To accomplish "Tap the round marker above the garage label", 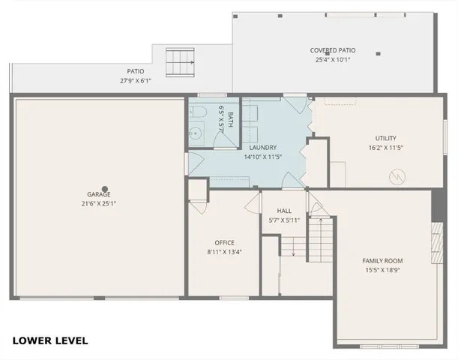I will (x=105, y=189).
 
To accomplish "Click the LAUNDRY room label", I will (x=260, y=148).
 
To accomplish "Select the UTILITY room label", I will (x=385, y=138).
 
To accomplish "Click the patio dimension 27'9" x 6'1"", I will (x=136, y=80).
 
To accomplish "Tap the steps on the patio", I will (x=177, y=59).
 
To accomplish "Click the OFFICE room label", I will (x=225, y=242).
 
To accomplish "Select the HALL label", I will (x=284, y=211).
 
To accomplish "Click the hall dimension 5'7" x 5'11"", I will (x=284, y=220).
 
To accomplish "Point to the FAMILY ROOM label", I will (x=383, y=260).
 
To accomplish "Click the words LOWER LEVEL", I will (x=50, y=340).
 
